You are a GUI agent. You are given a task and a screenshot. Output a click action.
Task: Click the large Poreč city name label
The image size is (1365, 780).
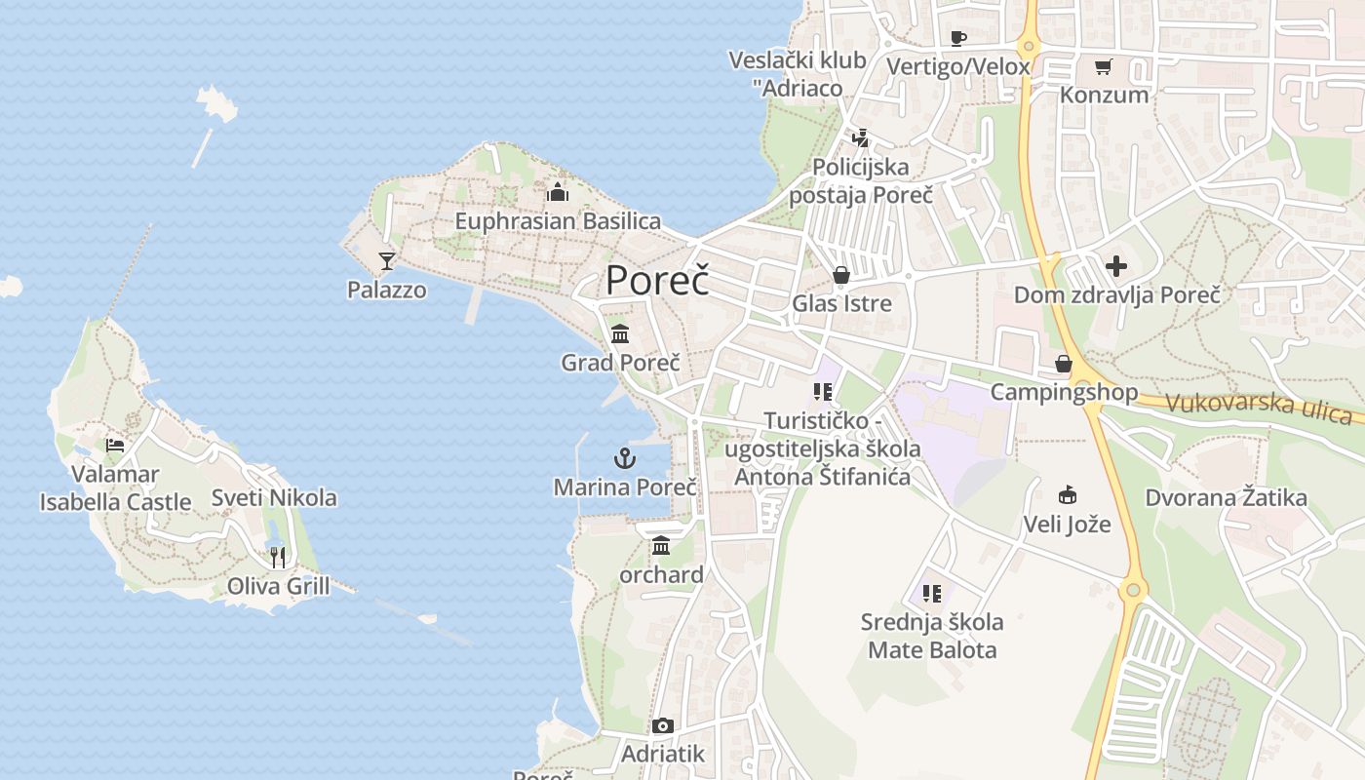pos(656,280)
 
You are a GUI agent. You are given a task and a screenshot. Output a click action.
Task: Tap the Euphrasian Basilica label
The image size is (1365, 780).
pos(558,221)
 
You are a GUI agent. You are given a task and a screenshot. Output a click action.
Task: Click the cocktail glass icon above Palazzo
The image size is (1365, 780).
pos(387,260)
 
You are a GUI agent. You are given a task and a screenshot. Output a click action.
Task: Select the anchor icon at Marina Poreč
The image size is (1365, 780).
pos(624,457)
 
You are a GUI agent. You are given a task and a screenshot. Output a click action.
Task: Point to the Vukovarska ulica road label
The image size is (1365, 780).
pos(1258,407)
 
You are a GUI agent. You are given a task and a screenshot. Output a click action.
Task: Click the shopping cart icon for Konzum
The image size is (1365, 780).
pos(1103,66)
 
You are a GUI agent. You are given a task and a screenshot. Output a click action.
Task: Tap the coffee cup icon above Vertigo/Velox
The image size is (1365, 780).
pos(957,38)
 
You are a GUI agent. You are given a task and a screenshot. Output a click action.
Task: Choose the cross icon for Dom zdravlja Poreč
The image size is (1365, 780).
pos(1116,265)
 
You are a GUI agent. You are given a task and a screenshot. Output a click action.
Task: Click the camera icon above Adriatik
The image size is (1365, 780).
pos(662,725)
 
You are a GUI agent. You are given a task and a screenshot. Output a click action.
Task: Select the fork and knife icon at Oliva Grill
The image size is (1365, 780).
pos(278,557)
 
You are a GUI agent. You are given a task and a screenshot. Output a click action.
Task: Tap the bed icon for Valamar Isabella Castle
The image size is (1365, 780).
pos(115,446)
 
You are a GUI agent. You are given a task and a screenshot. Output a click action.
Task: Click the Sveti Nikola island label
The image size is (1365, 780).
pos(274,497)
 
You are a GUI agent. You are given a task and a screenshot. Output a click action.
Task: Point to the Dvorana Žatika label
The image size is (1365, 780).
pos(1226,497)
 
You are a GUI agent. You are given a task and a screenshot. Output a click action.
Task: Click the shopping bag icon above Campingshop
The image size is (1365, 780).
pos(1063,364)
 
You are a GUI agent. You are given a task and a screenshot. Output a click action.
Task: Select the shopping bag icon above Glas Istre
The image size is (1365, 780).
pos(840,275)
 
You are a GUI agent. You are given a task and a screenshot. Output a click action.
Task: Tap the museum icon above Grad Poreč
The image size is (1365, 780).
pos(620,334)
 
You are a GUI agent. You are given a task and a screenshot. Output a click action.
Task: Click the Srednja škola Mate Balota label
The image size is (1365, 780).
pos(932,636)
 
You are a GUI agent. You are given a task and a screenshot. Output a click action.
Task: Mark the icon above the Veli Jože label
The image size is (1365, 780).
pos(1067,495)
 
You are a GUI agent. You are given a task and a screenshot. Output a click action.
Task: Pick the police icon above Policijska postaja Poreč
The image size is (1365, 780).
pos(859,138)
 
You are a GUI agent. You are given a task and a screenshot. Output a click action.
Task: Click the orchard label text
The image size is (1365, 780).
pos(661,574)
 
